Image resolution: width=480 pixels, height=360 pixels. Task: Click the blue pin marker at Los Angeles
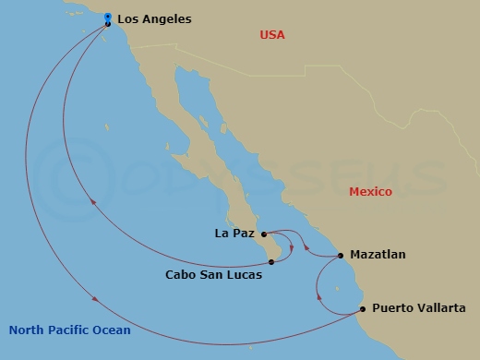point(108,17)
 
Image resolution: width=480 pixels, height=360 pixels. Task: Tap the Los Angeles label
point(154,18)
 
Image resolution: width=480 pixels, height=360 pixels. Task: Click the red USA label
point(272,35)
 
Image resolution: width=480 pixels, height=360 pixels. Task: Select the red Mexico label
point(370,192)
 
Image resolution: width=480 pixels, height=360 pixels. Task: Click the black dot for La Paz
point(263,234)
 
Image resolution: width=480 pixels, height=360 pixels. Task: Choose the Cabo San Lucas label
point(214,274)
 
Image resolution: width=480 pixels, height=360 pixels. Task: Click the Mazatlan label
point(378,254)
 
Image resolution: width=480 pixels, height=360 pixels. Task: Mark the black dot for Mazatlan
point(341,255)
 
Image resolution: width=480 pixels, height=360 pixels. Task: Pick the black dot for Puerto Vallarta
point(363,309)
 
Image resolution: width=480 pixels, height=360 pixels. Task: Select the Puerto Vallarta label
point(413,309)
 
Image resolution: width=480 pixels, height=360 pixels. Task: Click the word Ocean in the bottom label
point(111,330)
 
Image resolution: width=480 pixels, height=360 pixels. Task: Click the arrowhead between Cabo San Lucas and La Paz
point(292,246)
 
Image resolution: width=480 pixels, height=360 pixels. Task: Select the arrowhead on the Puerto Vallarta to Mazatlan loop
point(318,297)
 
